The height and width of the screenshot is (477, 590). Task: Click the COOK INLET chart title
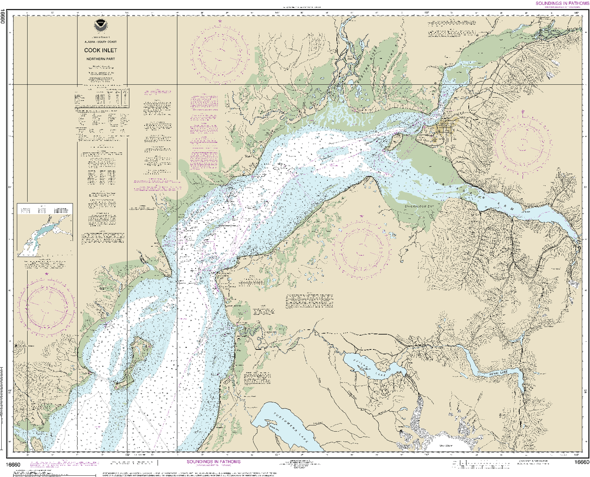(x=100, y=50)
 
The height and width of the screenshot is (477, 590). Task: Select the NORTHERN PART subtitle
(x=100, y=59)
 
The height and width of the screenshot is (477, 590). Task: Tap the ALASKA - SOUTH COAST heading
(x=100, y=42)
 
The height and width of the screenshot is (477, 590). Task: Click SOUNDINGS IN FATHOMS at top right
(x=562, y=3)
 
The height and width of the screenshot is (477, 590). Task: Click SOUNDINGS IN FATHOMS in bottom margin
(x=214, y=462)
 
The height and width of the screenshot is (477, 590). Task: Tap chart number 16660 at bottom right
(x=581, y=462)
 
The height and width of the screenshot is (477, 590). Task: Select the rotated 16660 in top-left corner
(x=3, y=16)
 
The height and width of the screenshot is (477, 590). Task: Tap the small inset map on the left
(x=45, y=230)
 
